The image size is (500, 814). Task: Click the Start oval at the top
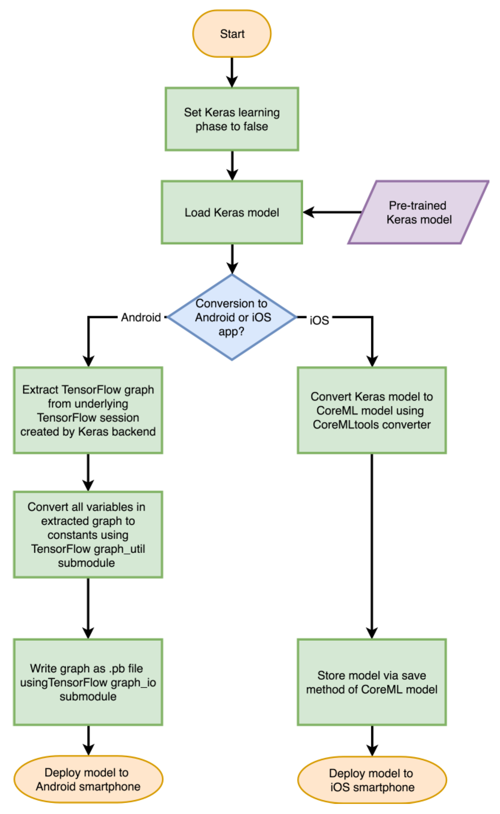[x=232, y=34]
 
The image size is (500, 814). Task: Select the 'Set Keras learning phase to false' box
[x=232, y=119]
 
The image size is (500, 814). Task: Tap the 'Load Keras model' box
[x=232, y=212]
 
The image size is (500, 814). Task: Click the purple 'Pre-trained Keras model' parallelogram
[x=418, y=212]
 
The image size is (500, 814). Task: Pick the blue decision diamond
[x=232, y=317]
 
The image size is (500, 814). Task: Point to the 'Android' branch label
[x=141, y=317]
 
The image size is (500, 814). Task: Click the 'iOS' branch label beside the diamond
[x=319, y=320]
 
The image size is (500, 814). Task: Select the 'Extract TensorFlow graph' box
[x=88, y=410]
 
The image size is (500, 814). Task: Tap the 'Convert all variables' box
[x=88, y=535]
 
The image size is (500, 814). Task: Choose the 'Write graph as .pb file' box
[x=88, y=682]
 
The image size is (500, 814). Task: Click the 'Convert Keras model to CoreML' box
[x=372, y=410]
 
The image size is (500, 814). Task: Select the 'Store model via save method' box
[x=372, y=682]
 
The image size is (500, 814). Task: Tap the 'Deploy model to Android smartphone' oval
[x=88, y=779]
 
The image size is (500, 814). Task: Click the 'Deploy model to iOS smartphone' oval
[x=372, y=780]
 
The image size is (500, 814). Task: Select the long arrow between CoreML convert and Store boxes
[x=372, y=545]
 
